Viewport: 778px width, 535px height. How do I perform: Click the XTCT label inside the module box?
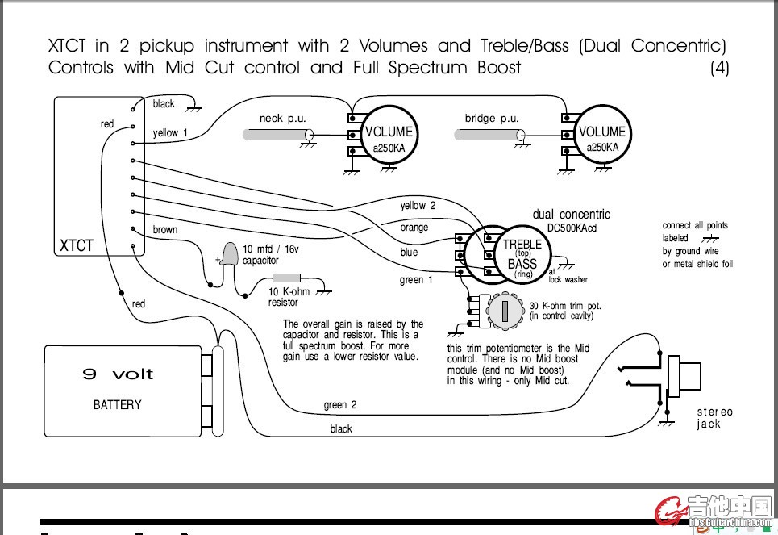pos(77,245)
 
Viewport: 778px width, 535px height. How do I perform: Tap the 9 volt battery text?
pos(118,374)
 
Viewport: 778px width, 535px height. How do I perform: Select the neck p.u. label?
pos(282,119)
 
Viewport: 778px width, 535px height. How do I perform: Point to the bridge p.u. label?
pos(492,119)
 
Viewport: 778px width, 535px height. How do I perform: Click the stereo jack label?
pos(715,418)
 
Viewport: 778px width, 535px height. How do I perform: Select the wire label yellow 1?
pos(170,133)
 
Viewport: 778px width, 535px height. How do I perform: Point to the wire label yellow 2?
pos(418,206)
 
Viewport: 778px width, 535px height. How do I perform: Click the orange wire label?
pos(414,228)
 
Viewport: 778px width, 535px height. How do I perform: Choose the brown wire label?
pos(165,230)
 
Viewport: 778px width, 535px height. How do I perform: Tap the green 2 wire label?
pos(339,405)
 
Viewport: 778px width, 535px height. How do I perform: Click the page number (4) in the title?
pos(719,68)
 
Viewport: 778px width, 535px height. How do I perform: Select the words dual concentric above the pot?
pos(571,215)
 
